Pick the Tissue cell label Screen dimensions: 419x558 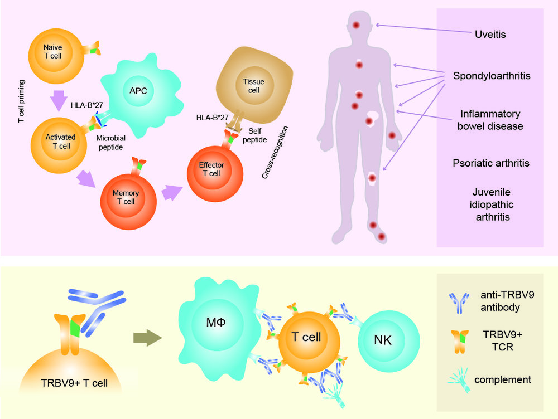click(x=253, y=86)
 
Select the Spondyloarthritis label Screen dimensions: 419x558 click(x=490, y=75)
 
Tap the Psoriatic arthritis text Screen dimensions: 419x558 click(x=490, y=163)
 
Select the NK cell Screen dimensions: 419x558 click(x=384, y=340)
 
